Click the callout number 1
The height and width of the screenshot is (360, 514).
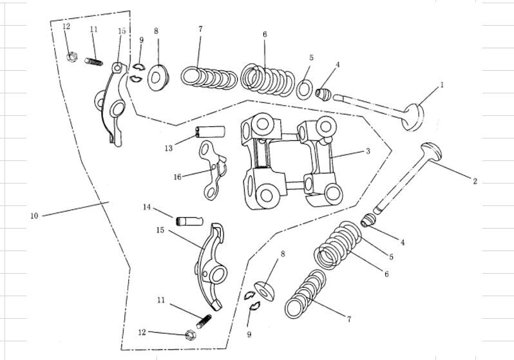[442, 85]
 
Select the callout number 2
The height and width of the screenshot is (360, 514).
[475, 182]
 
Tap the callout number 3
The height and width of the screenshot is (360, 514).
[367, 152]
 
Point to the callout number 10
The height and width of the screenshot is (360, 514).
[34, 216]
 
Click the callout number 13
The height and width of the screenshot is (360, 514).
[168, 148]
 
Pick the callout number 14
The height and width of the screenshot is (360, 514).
[146, 207]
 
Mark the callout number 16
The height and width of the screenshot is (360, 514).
[177, 176]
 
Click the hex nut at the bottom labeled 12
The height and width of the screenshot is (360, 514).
[190, 334]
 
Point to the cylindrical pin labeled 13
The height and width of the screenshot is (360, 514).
[210, 133]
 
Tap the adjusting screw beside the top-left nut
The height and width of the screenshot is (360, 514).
[95, 61]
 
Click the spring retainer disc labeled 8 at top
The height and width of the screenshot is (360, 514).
[157, 77]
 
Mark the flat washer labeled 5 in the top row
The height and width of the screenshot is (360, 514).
[305, 88]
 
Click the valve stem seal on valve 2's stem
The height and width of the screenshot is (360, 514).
[369, 220]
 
